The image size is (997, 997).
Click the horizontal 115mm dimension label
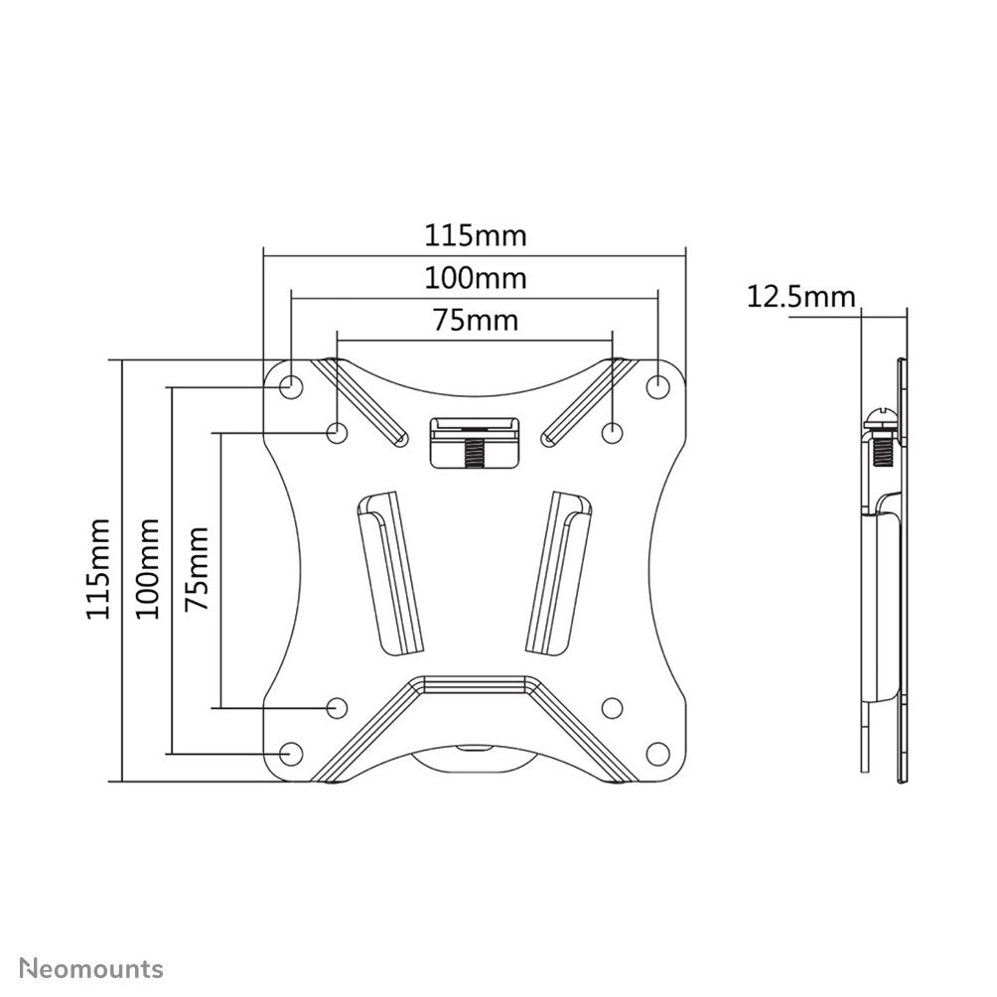coord(476,236)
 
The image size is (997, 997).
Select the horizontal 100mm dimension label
coord(476,278)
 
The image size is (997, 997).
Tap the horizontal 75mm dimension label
coord(476,320)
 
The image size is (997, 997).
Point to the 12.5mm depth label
coord(800,296)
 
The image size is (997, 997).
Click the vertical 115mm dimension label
coord(98,569)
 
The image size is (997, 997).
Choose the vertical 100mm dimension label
coord(149,569)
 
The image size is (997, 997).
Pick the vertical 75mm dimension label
coord(199,569)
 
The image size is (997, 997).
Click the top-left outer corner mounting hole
coord(291,385)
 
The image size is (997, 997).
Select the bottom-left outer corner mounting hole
coord(291,753)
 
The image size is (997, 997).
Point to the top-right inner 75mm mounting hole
coord(613,432)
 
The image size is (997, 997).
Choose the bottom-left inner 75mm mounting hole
coord(338,707)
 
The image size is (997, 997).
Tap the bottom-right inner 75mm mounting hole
coord(613,707)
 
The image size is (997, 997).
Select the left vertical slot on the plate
coord(388,572)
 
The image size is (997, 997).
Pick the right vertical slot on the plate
coord(559,572)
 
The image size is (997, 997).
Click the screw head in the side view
coord(880,421)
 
